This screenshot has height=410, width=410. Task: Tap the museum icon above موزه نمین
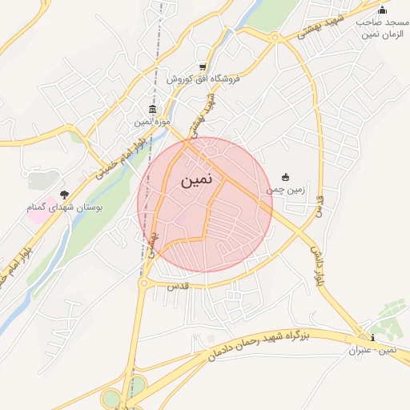pos(152,110)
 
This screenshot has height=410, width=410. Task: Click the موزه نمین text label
pos(151,122)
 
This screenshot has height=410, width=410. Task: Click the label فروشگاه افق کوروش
pos(204,79)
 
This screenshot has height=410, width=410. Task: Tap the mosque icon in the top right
pos(382,10)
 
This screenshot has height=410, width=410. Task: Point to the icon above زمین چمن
pos(286,177)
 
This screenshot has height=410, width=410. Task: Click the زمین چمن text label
pos(286,190)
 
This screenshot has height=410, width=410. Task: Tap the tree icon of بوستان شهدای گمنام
pos(64,194)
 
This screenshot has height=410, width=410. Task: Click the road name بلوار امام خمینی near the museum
pos(121,153)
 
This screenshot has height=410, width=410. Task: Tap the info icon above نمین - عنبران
pos(371,337)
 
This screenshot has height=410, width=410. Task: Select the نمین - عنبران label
pos(372,350)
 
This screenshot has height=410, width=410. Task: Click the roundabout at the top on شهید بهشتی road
pos(275,37)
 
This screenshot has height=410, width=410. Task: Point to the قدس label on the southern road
pos(177,285)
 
